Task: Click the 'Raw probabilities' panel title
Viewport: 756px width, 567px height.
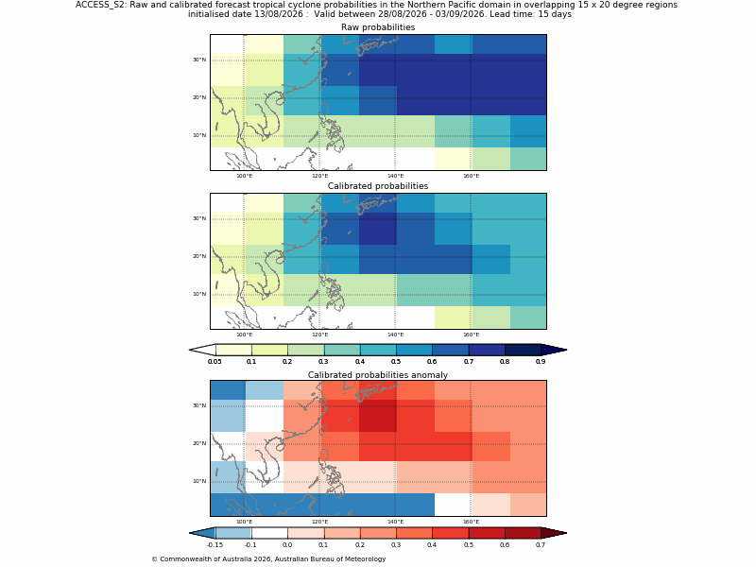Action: [378, 27]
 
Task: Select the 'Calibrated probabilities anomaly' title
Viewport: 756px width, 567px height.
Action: [378, 375]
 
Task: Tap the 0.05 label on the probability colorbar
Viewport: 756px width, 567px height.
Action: [215, 362]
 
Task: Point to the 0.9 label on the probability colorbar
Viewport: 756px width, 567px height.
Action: [541, 362]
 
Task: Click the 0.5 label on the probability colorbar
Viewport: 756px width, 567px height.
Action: [396, 362]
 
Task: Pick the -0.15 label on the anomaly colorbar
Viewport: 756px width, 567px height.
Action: [215, 545]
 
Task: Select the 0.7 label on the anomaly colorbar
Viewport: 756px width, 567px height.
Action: [541, 545]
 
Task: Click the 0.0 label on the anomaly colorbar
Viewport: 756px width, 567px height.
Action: [287, 545]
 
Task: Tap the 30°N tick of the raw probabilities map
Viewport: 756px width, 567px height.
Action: [199, 60]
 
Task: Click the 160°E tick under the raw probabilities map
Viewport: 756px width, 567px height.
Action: [471, 176]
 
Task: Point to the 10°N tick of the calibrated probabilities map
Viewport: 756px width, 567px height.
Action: [199, 294]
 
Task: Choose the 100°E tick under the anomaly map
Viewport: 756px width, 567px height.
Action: [244, 522]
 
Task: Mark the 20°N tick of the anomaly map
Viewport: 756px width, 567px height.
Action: [199, 443]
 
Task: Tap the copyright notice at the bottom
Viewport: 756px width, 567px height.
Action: [268, 559]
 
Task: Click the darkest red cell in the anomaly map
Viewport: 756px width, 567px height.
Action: [377, 416]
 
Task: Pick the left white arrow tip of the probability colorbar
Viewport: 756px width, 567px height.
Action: [190, 350]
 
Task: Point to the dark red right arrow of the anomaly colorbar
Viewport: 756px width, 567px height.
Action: [554, 533]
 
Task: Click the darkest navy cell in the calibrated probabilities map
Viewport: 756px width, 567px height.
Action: [377, 229]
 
